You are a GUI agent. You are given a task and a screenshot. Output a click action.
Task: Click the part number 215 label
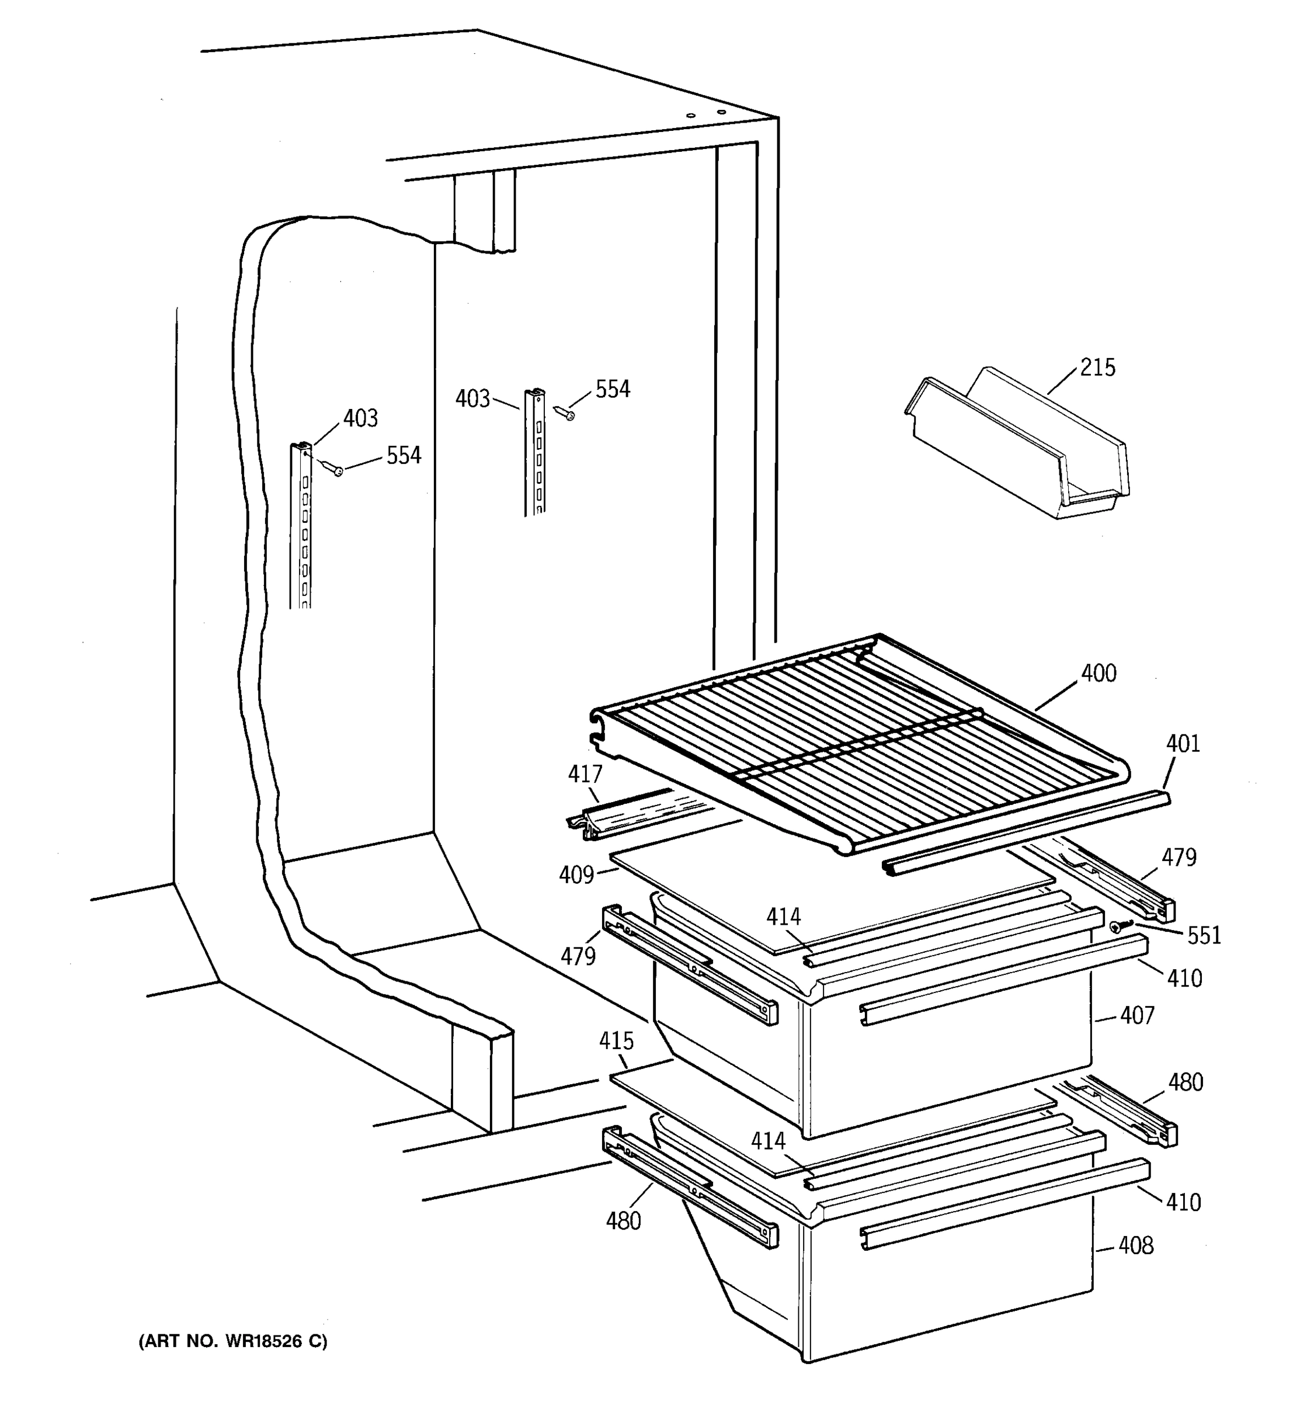pos(1097,368)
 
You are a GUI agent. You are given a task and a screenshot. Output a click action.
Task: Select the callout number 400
pos(1099,674)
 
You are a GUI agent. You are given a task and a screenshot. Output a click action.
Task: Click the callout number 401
pos(1183,743)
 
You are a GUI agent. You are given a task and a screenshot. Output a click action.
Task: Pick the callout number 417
pos(585,775)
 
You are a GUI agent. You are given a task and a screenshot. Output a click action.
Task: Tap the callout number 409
pos(576,875)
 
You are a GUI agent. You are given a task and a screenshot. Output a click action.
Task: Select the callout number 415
pos(616,1041)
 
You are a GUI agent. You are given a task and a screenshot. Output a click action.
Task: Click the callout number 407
pos(1137,1015)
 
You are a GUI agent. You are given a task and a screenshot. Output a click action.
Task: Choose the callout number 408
pos(1136,1246)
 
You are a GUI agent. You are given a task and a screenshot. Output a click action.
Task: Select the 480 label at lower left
pos(623,1221)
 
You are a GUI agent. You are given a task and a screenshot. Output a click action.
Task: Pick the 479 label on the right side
pos(1179,858)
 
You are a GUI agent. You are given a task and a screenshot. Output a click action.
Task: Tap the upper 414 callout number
pos(784,917)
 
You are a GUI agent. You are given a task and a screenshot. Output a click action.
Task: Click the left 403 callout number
pos(360,418)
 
